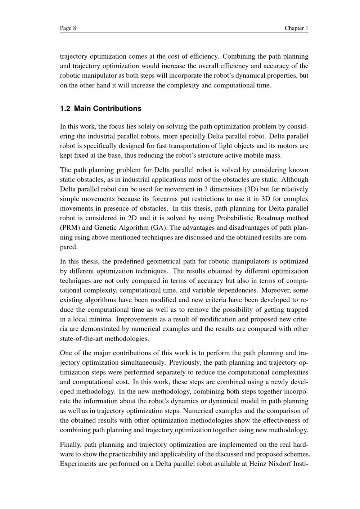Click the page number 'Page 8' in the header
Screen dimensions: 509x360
[68, 28]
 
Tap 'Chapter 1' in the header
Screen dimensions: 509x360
[296, 28]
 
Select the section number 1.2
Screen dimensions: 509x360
[65, 109]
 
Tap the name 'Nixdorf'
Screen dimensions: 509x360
[280, 464]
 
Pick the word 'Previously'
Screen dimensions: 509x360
[184, 362]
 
